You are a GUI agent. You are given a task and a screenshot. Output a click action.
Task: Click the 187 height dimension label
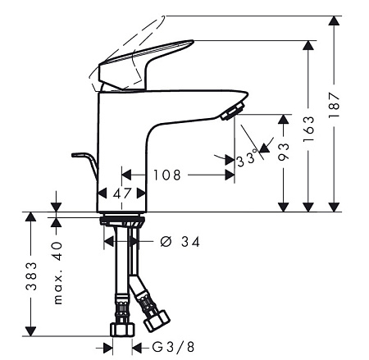(334, 105)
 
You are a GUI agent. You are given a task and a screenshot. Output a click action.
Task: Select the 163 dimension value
(308, 129)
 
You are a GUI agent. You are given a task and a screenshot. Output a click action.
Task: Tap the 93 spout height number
(284, 152)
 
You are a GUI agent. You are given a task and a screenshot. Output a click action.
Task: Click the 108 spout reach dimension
(167, 175)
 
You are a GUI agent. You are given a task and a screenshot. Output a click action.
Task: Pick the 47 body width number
(122, 194)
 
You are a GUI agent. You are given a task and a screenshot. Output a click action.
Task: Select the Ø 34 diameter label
(180, 242)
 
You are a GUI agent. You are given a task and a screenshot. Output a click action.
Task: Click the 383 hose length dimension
(31, 276)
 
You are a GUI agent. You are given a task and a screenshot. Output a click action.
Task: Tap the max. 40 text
(57, 273)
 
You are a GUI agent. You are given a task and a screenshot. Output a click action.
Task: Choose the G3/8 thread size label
(173, 347)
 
